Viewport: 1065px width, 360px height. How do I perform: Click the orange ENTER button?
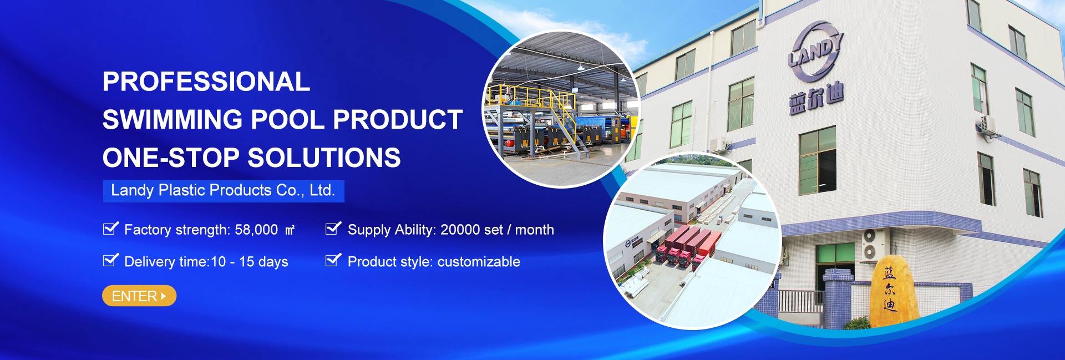tap(139, 296)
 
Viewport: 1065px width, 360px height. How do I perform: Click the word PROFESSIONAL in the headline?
tap(206, 82)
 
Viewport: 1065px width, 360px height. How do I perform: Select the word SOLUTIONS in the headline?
tap(324, 158)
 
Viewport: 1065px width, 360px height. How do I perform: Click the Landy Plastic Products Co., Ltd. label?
tap(223, 190)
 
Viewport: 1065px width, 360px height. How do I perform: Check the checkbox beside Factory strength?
tap(111, 228)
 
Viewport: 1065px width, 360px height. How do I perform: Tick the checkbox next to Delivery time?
tap(111, 260)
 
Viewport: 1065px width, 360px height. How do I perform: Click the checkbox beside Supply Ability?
tap(333, 228)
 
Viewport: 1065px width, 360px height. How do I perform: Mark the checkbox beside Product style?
tap(333, 260)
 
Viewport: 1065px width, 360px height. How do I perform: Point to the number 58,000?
tap(256, 230)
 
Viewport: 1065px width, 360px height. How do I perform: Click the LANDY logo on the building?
tap(815, 50)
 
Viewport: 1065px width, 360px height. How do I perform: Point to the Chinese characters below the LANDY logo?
tap(816, 100)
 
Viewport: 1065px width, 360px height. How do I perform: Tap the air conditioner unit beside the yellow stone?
tap(874, 244)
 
